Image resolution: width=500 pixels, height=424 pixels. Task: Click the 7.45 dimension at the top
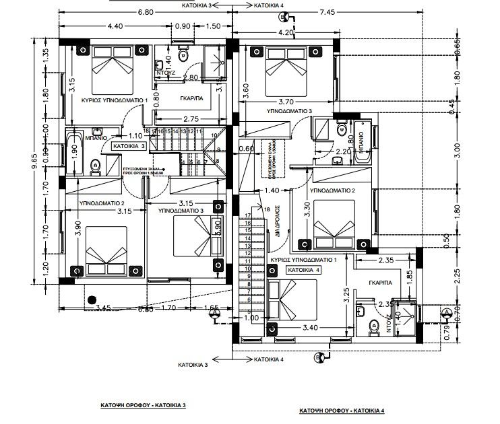(x=346, y=12)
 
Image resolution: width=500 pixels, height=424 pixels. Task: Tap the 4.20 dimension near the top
(x=285, y=32)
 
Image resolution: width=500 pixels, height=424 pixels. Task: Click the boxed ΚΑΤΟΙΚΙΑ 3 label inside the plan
(x=129, y=145)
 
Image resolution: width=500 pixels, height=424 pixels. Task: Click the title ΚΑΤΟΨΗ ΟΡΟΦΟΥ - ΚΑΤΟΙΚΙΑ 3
(x=141, y=406)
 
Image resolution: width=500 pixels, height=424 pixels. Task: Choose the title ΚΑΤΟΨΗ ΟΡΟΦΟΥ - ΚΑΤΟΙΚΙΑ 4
(x=342, y=410)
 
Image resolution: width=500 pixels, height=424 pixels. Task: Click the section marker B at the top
(x=282, y=17)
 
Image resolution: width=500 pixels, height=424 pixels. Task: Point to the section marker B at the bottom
(x=319, y=358)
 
